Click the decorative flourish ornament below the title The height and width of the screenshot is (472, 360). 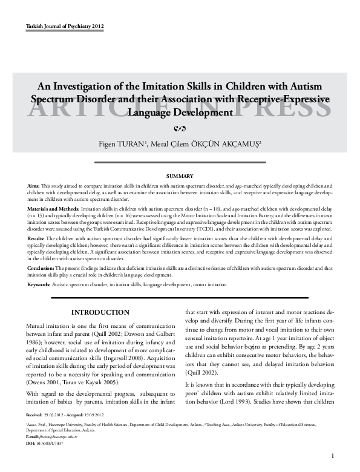179,128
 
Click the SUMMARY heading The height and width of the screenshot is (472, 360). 180,175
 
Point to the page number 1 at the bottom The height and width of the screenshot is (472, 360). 333,456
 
